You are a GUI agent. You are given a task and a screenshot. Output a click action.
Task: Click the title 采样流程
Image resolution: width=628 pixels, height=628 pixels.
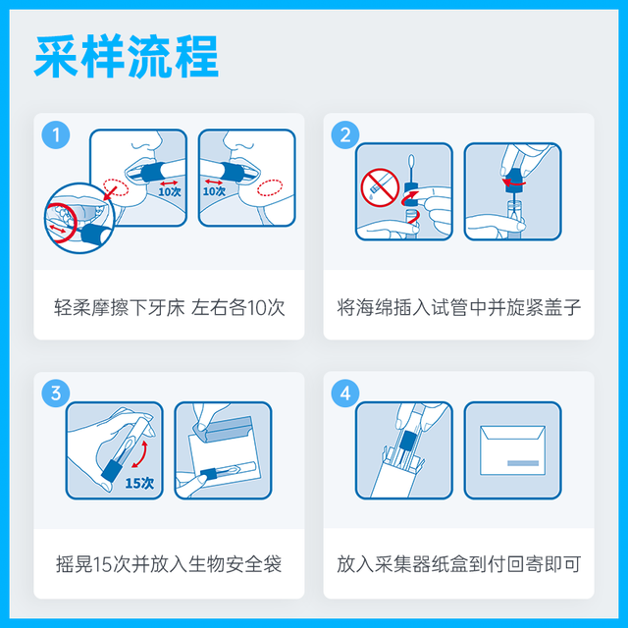[x=127, y=59]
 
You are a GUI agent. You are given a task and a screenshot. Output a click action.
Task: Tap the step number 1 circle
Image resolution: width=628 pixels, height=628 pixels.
[x=55, y=135]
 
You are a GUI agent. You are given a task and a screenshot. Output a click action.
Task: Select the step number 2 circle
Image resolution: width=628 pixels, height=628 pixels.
[x=344, y=135]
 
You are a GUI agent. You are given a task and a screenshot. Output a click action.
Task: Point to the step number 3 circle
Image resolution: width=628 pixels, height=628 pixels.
[x=55, y=394]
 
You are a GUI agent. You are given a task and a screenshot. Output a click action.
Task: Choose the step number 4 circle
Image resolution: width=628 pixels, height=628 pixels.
[x=344, y=394]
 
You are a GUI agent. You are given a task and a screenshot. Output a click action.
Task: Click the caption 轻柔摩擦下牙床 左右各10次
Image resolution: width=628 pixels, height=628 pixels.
[x=169, y=307]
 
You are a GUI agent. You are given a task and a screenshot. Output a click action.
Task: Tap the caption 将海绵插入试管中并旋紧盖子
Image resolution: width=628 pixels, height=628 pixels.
[x=458, y=307]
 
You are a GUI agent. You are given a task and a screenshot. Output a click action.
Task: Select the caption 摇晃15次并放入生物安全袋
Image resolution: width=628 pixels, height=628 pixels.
[x=169, y=565]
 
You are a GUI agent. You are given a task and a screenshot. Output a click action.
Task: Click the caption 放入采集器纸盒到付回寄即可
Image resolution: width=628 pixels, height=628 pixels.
[x=458, y=565]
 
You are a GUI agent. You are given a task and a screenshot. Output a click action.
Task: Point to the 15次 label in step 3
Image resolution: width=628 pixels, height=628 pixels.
[x=140, y=482]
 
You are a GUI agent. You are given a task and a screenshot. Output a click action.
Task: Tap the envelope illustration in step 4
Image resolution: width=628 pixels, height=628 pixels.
[x=513, y=449]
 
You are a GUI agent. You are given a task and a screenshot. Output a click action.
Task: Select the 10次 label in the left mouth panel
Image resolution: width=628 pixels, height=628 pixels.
[x=170, y=191]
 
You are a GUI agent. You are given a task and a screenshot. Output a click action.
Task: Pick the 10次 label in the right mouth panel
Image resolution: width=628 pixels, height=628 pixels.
[x=214, y=191]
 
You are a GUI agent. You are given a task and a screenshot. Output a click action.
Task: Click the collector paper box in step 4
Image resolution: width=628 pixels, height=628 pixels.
[x=403, y=471]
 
